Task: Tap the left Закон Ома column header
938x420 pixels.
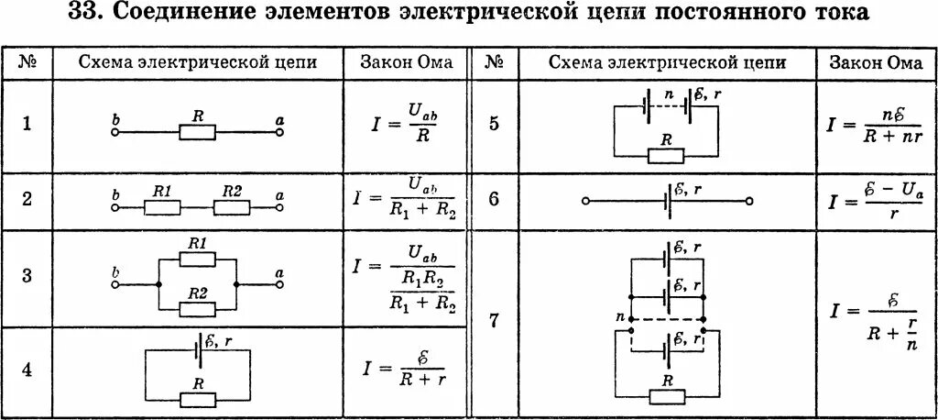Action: [406, 63]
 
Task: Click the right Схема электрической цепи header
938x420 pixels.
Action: [667, 63]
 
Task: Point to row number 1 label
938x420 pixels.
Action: [27, 125]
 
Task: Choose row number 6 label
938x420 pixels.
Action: [494, 199]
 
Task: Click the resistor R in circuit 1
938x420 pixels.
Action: [197, 133]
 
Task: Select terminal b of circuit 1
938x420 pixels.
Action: [115, 132]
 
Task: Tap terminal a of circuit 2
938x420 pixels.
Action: [278, 207]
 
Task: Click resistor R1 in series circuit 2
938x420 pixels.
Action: [163, 207]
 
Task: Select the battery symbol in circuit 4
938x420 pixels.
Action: [199, 352]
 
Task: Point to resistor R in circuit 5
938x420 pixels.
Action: [666, 155]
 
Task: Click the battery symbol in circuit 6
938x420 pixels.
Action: [667, 199]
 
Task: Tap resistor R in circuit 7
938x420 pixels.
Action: [667, 395]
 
